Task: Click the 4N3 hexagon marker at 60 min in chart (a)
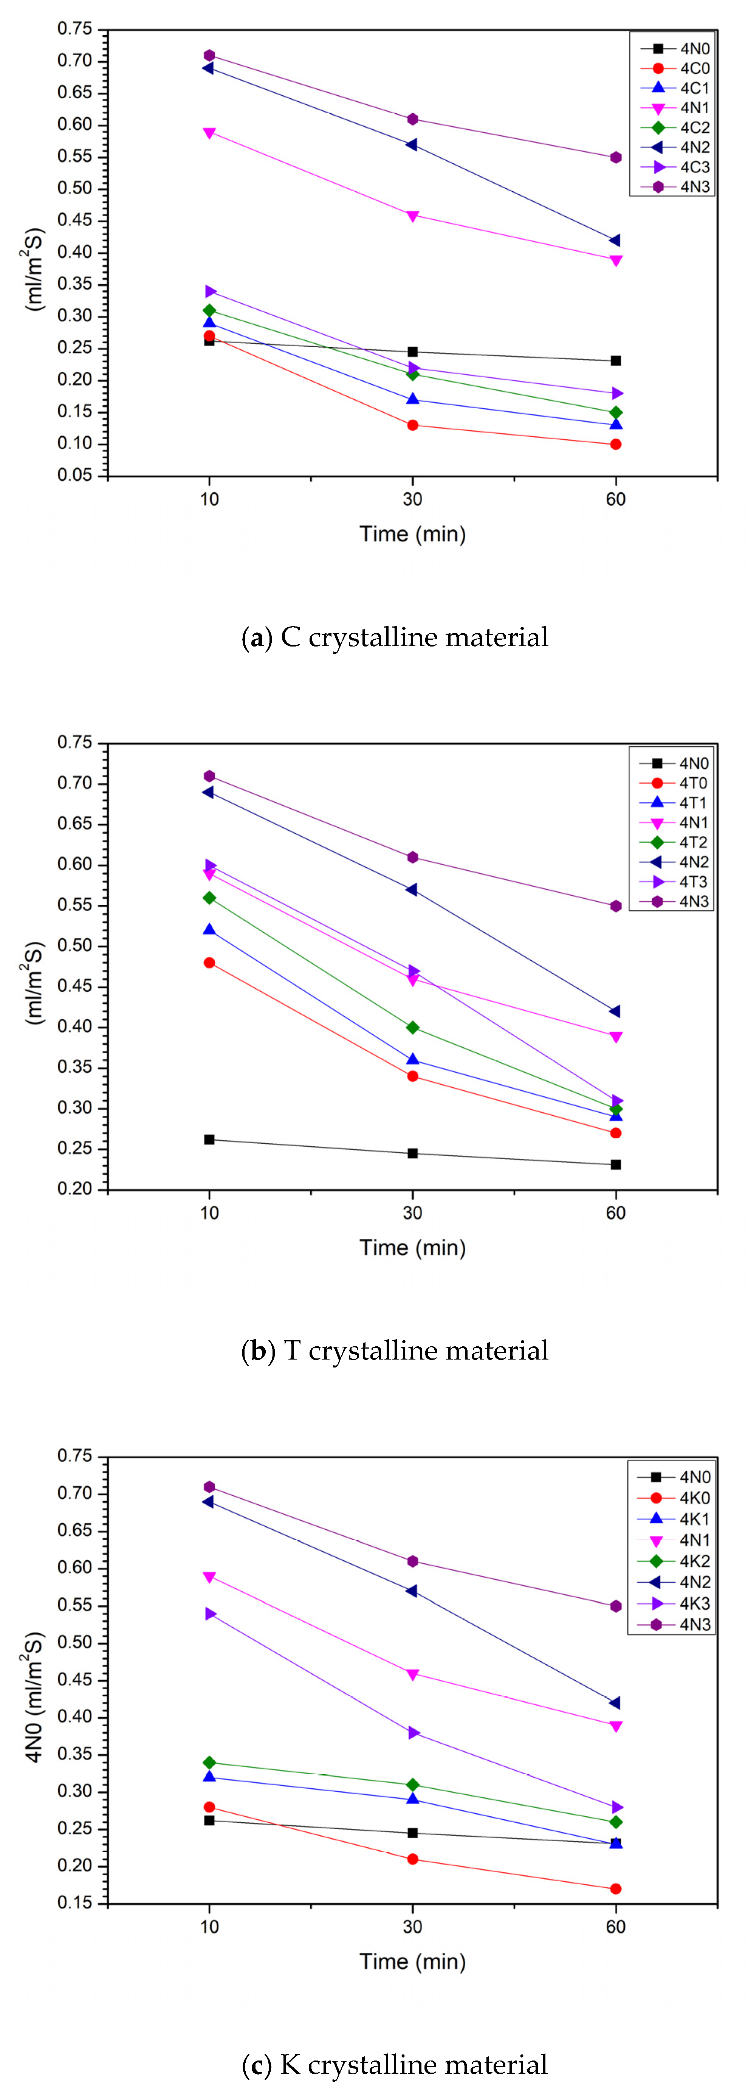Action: pyautogui.click(x=616, y=157)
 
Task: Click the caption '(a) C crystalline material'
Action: pyautogui.click(x=395, y=637)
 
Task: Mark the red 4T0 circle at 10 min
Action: pyautogui.click(x=209, y=963)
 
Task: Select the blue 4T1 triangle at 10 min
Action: pyautogui.click(x=209, y=930)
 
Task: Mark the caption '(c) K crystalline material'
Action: pyautogui.click(x=395, y=2064)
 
